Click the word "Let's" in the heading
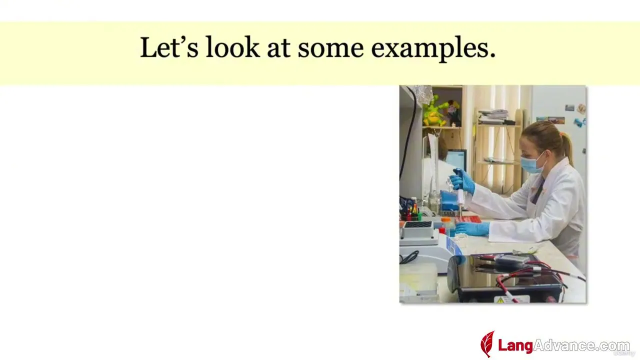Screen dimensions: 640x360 169,47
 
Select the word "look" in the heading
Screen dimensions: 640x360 232,47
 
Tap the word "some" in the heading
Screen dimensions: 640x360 331,48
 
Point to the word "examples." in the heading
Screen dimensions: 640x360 433,48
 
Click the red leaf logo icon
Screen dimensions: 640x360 487,344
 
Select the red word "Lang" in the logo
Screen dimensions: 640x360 515,345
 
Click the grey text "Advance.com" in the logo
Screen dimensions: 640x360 581,345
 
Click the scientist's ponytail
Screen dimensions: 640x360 567,147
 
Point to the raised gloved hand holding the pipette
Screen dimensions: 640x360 462,181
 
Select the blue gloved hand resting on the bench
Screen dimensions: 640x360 472,229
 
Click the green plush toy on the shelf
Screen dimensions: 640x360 434,111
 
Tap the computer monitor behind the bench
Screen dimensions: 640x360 456,159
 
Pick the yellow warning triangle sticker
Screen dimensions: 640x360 500,300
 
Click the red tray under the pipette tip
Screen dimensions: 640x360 468,219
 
